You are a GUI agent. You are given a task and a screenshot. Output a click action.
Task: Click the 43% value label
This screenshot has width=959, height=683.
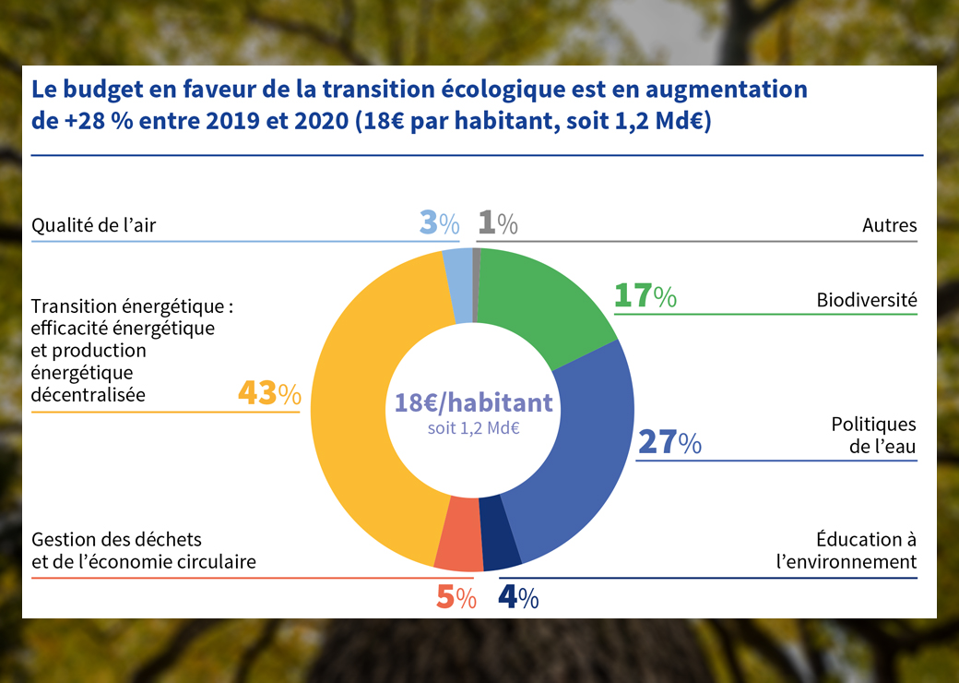coord(269,394)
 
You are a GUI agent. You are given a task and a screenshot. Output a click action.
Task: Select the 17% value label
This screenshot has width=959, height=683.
coord(645,296)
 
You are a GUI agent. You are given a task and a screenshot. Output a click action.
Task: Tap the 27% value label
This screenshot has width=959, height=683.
coord(669,443)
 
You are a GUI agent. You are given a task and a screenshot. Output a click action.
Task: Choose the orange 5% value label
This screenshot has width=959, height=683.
coord(456,598)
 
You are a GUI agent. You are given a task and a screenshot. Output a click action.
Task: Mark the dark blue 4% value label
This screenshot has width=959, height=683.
coord(518,598)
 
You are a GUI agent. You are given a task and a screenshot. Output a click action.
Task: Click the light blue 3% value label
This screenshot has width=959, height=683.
coord(439,223)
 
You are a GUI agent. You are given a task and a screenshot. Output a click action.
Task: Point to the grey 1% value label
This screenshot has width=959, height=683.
coord(498,223)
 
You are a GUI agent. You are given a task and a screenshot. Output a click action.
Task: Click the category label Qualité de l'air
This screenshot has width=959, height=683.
coord(94,225)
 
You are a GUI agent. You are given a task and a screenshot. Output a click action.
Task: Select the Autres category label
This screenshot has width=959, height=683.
coord(889,225)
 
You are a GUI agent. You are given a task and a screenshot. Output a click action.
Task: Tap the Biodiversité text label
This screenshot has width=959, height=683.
coord(866,300)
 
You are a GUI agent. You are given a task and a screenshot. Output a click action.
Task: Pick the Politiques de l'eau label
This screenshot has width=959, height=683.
coord(873,436)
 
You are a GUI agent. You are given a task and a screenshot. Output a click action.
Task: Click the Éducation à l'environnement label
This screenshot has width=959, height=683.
coord(865,550)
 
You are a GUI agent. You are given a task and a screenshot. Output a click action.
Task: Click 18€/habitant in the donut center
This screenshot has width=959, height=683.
coord(473,402)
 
